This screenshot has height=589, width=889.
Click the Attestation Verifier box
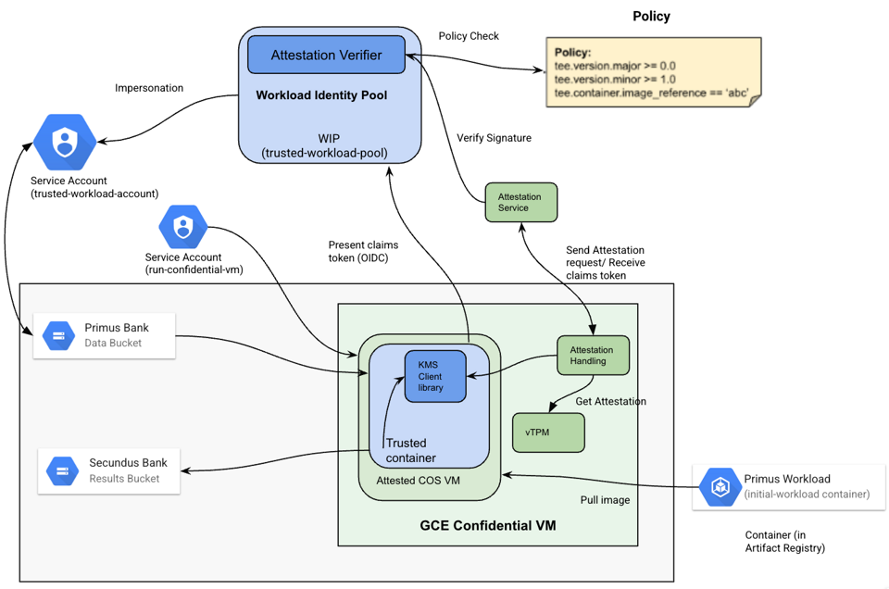[326, 56]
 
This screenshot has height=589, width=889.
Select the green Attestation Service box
[521, 203]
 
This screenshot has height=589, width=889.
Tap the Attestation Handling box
[593, 356]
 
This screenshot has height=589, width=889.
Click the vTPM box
[548, 432]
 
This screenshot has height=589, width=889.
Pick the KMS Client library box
[435, 377]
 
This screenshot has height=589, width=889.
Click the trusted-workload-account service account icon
[64, 143]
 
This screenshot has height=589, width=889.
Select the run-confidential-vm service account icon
[182, 227]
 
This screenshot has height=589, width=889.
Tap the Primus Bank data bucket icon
[59, 335]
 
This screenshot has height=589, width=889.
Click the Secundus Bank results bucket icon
[62, 471]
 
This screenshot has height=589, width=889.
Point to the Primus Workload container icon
[719, 486]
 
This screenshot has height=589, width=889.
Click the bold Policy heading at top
[651, 17]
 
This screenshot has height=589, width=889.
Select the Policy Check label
[469, 36]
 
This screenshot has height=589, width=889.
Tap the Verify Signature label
[495, 138]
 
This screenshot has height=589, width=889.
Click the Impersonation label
[149, 88]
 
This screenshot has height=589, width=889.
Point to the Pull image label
[605, 500]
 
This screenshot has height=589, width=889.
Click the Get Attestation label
[611, 401]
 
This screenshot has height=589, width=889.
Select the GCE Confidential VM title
[487, 525]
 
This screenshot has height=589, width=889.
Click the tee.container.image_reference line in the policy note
[651, 93]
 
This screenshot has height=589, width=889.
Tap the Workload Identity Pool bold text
[321, 95]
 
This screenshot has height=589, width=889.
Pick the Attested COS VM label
[418, 481]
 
